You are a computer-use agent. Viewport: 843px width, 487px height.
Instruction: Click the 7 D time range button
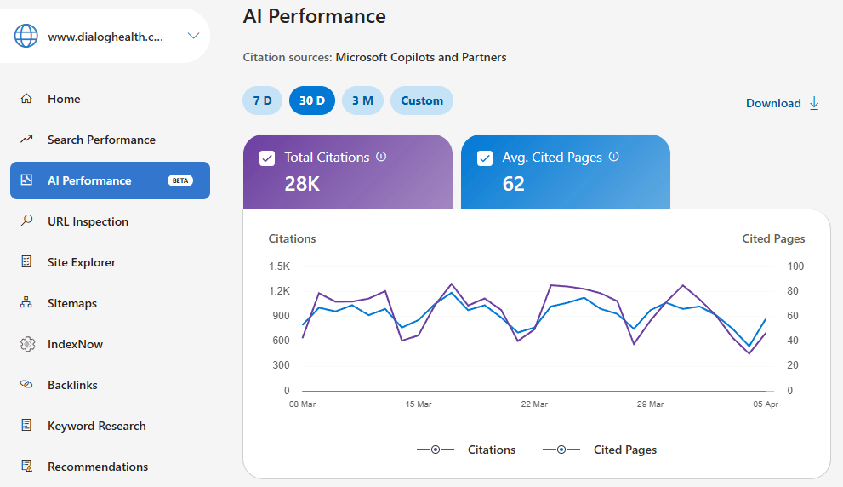pos(262,100)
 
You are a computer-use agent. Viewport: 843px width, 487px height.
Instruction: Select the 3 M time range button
pos(362,100)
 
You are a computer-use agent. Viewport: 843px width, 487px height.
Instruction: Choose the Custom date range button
pos(422,100)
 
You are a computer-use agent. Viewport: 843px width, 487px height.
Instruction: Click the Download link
pos(782,103)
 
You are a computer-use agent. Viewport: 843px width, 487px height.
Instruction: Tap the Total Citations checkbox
pos(267,158)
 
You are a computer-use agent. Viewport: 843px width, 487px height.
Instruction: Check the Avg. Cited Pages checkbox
pos(485,158)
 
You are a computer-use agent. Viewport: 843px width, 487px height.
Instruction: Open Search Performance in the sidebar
pos(101,140)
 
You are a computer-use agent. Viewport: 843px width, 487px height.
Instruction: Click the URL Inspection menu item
pos(88,221)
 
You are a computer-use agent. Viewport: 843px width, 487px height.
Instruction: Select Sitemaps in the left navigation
pos(72,303)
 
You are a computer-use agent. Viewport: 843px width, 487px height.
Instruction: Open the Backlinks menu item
pos(72,385)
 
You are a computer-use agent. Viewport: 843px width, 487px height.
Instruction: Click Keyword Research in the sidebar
pos(96,426)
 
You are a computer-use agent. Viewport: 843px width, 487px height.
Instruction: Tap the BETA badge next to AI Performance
pos(180,180)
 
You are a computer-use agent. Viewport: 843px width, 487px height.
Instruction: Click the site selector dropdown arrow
pos(193,36)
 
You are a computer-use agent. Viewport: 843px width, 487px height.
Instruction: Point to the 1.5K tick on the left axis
pos(279,266)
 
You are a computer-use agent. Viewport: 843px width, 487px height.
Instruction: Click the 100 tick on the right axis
pos(795,266)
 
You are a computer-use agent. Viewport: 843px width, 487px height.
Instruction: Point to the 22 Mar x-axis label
pos(535,404)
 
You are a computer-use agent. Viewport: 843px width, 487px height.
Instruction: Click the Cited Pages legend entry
pos(624,450)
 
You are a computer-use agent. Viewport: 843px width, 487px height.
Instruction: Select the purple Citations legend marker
pos(436,450)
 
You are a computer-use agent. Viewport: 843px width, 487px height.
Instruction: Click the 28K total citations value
pos(302,183)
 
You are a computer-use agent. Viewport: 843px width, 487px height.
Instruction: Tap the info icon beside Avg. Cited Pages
pos(614,157)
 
